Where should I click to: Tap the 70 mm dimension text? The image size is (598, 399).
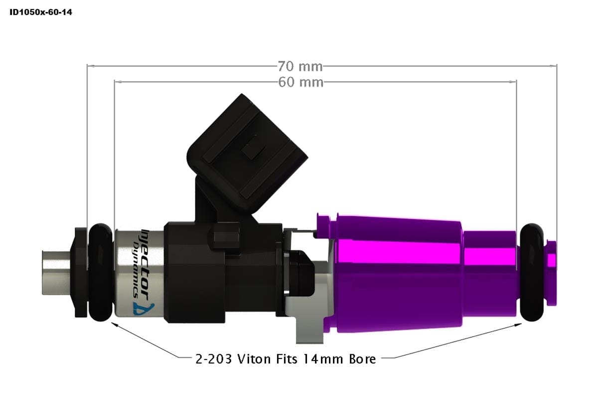tap(300, 66)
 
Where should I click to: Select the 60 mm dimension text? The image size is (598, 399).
tap(300, 82)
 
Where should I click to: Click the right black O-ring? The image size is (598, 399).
tap(532, 273)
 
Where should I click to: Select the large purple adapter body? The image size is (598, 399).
tap(399, 274)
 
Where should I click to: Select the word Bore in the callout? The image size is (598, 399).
tap(361, 359)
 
